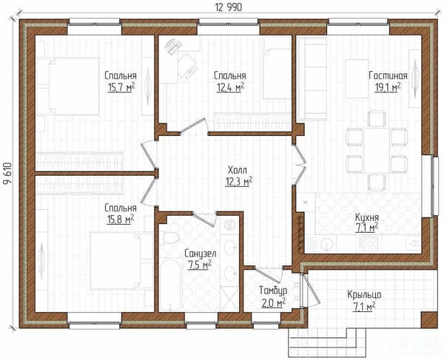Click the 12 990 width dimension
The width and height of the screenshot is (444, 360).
pyautogui.click(x=229, y=7)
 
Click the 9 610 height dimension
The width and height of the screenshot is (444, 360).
pyautogui.click(x=7, y=174)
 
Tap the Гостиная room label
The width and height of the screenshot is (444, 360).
pyautogui.click(x=388, y=76)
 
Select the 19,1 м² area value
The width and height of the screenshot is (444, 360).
pyautogui.click(x=388, y=87)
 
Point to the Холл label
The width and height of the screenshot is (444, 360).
pyautogui.click(x=238, y=170)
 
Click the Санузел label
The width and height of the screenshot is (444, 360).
pyautogui.click(x=201, y=254)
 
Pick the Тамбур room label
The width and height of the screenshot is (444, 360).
pyautogui.click(x=273, y=291)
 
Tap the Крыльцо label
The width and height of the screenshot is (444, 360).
pyautogui.click(x=364, y=295)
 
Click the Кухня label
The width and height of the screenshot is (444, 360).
pyautogui.click(x=367, y=217)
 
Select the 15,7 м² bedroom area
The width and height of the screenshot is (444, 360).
pyautogui.click(x=121, y=88)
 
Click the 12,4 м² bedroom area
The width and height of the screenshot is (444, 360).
pyautogui.click(x=230, y=88)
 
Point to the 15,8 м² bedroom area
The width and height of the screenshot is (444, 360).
pyautogui.click(x=121, y=219)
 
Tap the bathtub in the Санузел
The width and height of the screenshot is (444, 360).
pyautogui.click(x=170, y=285)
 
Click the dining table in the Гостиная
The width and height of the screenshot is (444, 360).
pyautogui.click(x=377, y=150)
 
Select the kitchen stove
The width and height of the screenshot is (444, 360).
pyautogui.click(x=369, y=242)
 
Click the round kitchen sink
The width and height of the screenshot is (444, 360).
pyautogui.click(x=327, y=243)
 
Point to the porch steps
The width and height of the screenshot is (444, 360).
pyautogui.click(x=327, y=342)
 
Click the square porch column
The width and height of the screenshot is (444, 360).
pyautogui.click(x=429, y=320)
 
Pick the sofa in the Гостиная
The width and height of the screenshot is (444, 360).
pyautogui.click(x=312, y=78)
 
